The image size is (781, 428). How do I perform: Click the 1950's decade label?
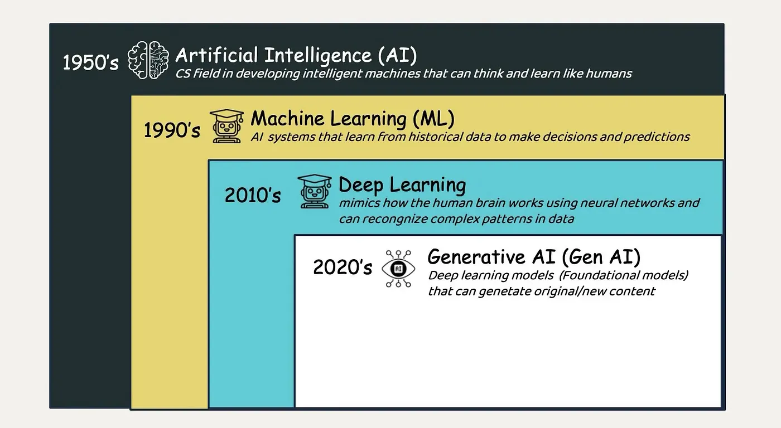[90, 62]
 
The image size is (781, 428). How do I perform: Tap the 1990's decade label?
[172, 130]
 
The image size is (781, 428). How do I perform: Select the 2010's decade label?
[253, 196]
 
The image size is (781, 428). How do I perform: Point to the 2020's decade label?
[342, 267]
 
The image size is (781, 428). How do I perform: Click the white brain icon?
[148, 61]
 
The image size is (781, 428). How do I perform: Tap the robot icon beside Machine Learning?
[226, 126]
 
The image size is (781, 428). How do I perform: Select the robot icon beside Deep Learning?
[314, 191]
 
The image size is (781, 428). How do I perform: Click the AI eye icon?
[398, 269]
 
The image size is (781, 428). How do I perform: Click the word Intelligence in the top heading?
[317, 55]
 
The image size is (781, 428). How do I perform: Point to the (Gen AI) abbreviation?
[601, 257]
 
